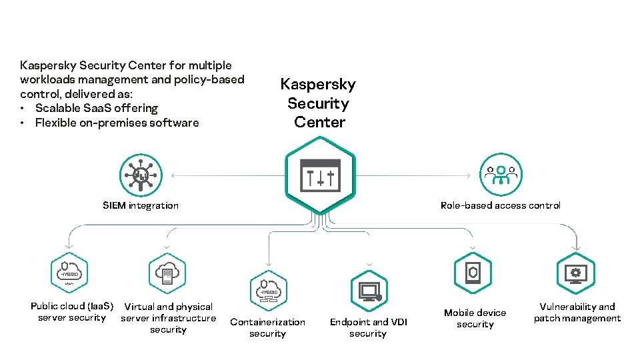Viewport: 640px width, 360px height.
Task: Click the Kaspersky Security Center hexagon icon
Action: [320, 175]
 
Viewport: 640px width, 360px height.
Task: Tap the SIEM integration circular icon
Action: [141, 175]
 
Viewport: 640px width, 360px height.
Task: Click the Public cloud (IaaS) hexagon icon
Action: [69, 273]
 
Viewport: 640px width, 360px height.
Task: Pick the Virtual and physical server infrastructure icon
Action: [167, 273]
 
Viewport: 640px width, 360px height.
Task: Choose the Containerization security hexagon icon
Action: [268, 291]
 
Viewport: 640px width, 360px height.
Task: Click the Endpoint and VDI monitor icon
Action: [369, 291]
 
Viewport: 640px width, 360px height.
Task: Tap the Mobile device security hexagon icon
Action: [473, 273]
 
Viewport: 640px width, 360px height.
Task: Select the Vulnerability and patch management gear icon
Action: [575, 273]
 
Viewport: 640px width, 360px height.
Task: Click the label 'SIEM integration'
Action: [141, 205]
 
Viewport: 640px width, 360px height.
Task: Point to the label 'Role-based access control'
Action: [500, 205]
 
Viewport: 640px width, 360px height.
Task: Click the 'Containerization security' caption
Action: [267, 327]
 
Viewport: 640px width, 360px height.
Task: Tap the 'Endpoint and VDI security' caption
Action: [368, 327]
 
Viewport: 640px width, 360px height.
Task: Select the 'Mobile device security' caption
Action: [475, 318]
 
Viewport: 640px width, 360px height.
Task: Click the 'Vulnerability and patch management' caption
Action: [577, 313]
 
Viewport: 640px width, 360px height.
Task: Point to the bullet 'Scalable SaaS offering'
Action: [96, 108]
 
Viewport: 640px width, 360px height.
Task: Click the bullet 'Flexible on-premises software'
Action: [117, 123]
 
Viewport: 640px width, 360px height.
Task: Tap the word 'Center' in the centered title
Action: [319, 123]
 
